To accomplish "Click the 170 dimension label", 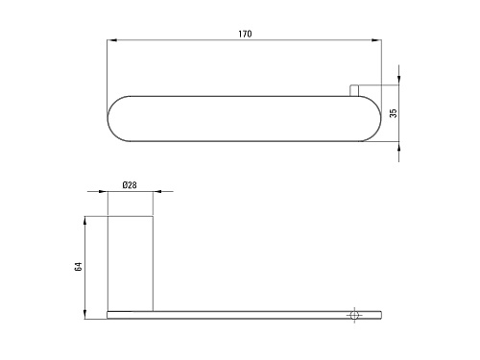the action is tap(245, 34).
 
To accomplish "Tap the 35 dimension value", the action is tap(394, 113).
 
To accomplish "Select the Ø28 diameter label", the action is tap(130, 185).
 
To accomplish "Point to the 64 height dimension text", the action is tap(78, 267).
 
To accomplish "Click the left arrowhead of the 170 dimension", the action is tap(111, 40).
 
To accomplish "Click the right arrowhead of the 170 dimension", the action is tap(376, 40).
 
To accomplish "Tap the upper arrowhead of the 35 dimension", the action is tap(398, 81).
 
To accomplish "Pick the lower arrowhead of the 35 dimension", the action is tap(398, 146).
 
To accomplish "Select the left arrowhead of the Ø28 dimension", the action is tap(103, 191).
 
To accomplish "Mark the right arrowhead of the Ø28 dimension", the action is tap(157, 191).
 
